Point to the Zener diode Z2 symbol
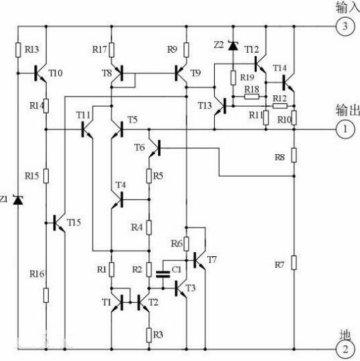[x=233, y=46]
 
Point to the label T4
[x=120, y=185]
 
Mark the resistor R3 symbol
[x=149, y=334]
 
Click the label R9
[x=172, y=49]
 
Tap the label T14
[x=280, y=67]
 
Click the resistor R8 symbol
[x=294, y=156]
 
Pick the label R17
[x=99, y=49]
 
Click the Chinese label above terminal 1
[x=346, y=110]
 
